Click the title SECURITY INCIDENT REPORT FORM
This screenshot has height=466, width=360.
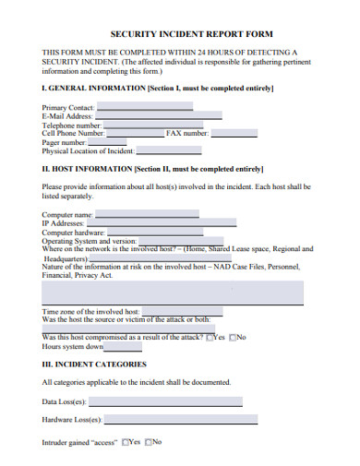click(179, 32)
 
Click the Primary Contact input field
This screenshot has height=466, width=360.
click(144, 106)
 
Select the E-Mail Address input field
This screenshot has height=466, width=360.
click(158, 115)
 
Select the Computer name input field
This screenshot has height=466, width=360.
click(148, 214)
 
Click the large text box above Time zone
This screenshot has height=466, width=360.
click(173, 292)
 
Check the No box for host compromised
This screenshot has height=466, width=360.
click(233, 337)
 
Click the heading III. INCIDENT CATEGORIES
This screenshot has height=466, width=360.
click(94, 364)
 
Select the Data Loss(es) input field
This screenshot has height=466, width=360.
click(166, 401)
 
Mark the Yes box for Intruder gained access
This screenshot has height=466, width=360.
click(125, 442)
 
